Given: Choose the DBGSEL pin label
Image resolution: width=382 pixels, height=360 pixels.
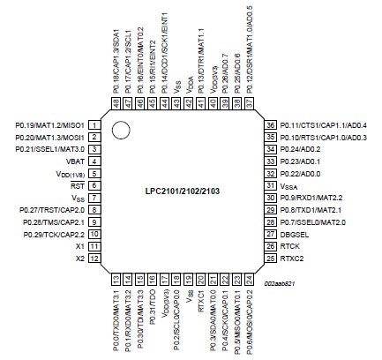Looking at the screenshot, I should click(298, 235).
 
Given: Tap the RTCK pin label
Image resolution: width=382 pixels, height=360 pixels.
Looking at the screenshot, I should click(293, 246).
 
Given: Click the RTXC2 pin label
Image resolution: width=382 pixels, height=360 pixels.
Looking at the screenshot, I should click(295, 259).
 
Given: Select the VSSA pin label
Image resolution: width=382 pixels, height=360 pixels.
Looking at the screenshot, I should click(291, 187).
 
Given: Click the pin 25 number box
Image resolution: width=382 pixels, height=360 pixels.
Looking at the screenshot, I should click(270, 259).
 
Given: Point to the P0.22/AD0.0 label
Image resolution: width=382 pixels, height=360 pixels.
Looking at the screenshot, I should click(303, 175).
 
